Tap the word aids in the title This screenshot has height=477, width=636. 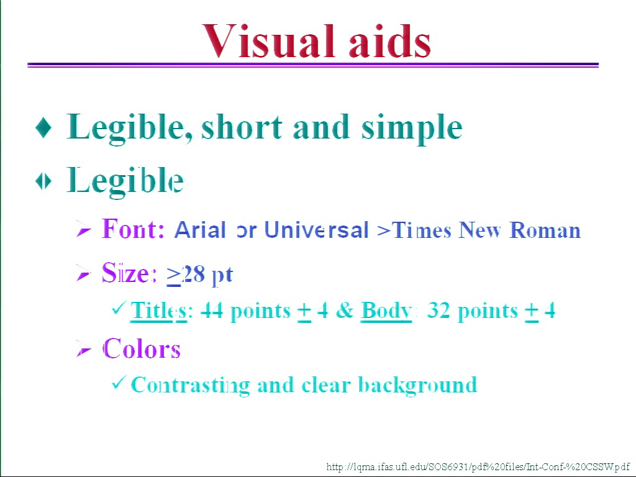tap(390, 41)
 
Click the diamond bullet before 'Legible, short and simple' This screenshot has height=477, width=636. tap(43, 127)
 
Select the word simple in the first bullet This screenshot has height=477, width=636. tap(412, 128)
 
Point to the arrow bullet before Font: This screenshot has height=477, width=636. tap(84, 230)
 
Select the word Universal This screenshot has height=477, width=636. tap(316, 230)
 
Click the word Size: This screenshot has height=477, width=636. tap(129, 273)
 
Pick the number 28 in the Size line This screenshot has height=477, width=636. tap(193, 274)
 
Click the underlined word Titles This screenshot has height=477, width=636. tap(158, 312)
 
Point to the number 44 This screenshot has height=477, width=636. tap(212, 311)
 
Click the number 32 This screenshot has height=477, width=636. tap(438, 311)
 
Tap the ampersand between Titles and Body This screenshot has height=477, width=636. tap(344, 311)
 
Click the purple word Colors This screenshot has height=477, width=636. tap(141, 349)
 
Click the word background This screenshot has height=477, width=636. tap(418, 385)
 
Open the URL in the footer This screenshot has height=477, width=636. tap(478, 467)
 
